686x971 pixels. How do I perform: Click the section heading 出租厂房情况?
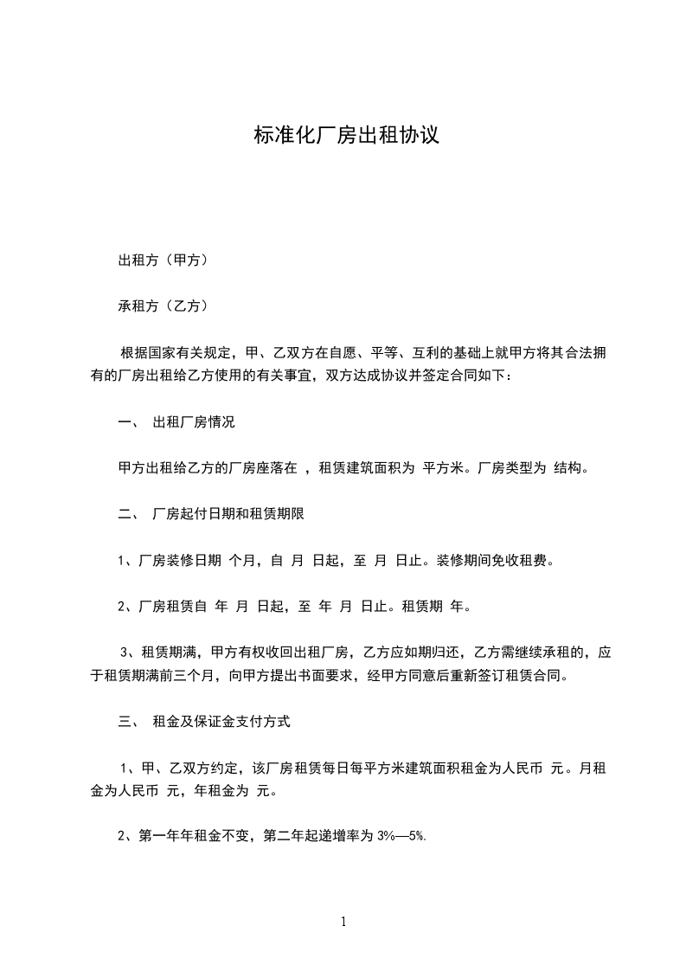click(x=194, y=423)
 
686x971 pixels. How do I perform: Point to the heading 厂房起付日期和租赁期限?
click(x=228, y=513)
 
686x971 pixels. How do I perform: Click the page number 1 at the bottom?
click(x=343, y=922)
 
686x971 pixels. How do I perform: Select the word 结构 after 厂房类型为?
click(x=572, y=468)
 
